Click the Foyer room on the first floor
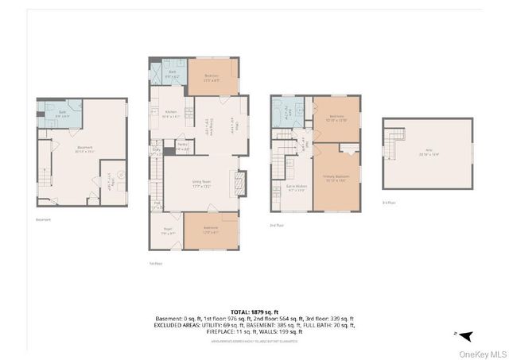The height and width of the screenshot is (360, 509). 167,234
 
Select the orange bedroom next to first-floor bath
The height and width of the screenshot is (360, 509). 212,77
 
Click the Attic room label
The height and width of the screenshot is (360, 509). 428,154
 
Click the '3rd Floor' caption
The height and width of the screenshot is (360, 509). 388,203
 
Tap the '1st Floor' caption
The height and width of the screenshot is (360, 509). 154,264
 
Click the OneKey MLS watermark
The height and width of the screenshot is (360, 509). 480,352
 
